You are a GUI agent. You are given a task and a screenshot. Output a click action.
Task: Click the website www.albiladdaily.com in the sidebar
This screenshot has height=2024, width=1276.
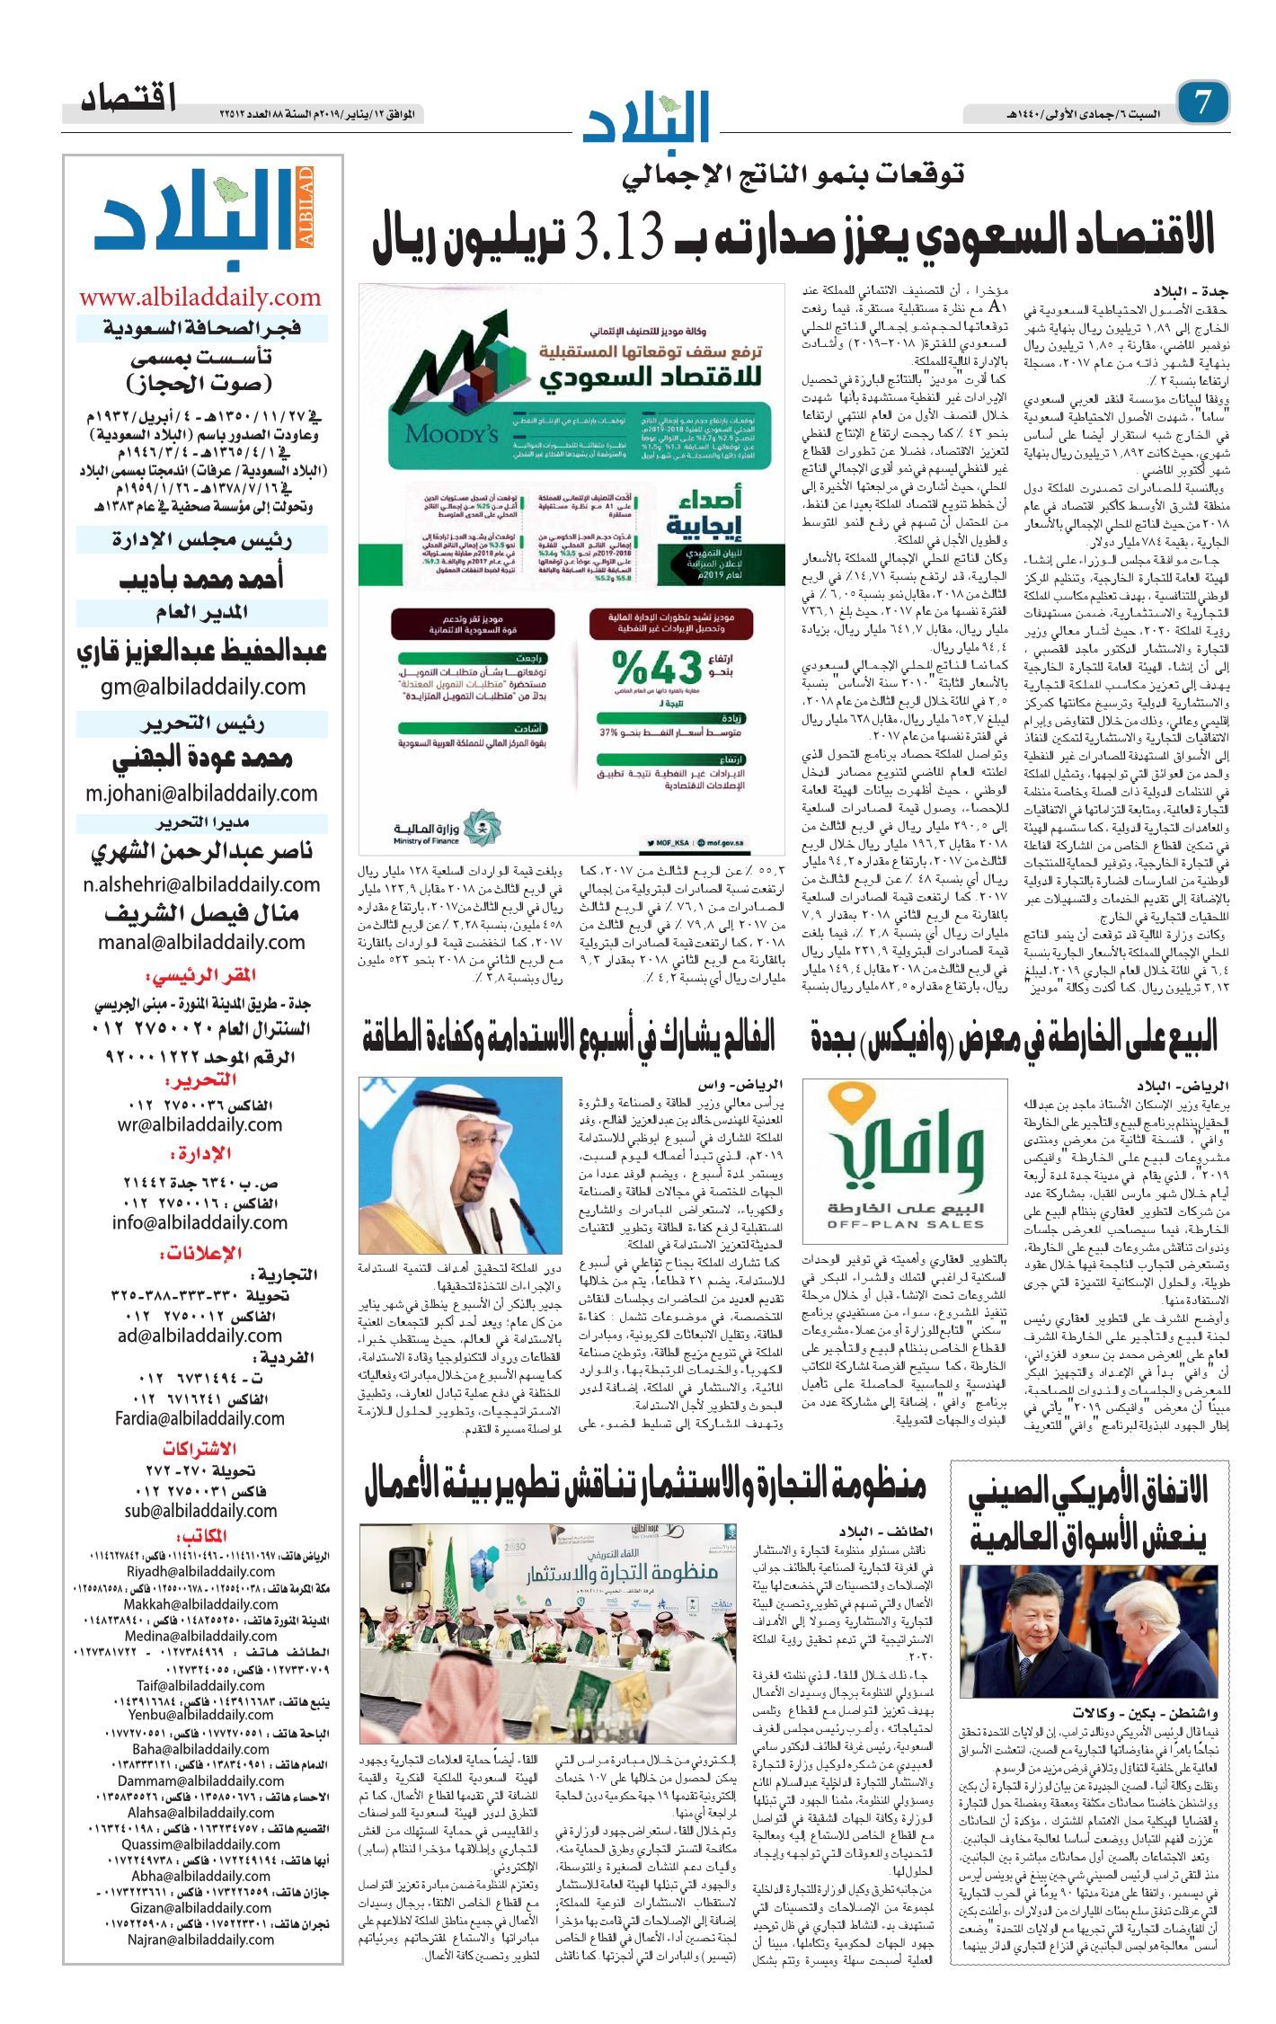coord(199,297)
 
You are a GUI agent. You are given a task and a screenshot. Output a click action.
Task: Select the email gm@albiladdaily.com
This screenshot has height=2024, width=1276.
coord(203,688)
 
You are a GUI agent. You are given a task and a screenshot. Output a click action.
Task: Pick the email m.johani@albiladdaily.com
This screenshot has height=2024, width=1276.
coord(201,794)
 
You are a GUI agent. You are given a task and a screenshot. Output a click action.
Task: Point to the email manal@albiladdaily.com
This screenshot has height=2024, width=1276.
coord(201,942)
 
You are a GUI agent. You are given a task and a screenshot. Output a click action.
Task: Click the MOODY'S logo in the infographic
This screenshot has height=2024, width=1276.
coord(450,434)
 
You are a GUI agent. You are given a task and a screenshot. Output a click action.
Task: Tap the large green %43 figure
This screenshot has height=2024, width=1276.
coord(657,668)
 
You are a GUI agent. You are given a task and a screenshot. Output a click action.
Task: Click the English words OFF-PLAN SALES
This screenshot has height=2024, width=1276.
coord(905,1224)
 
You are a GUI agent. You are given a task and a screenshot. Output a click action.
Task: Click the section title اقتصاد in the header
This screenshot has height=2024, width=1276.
coord(128,98)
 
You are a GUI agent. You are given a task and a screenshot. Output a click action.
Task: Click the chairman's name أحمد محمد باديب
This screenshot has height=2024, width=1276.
coord(201,579)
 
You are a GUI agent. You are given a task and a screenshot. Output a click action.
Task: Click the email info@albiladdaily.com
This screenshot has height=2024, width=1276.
coord(199,1222)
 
